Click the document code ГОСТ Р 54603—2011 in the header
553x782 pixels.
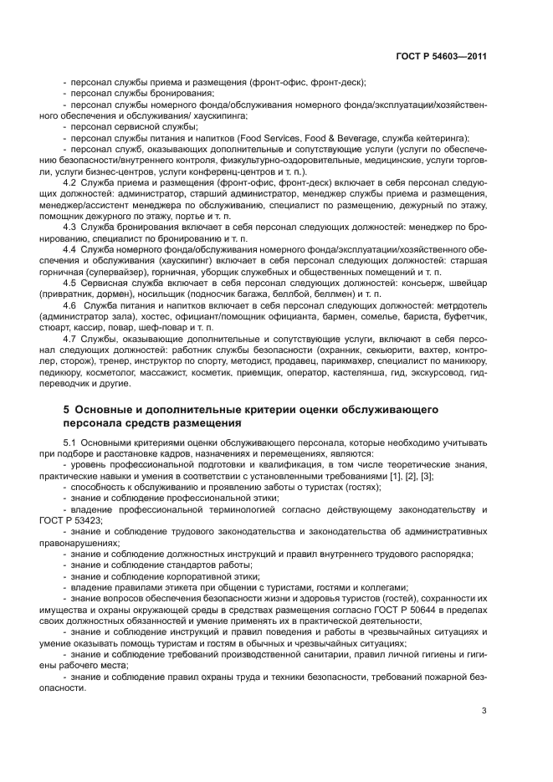(440, 56)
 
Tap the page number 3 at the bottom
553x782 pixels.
(484, 711)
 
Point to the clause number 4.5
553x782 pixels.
(71, 284)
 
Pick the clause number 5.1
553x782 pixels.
(71, 441)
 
